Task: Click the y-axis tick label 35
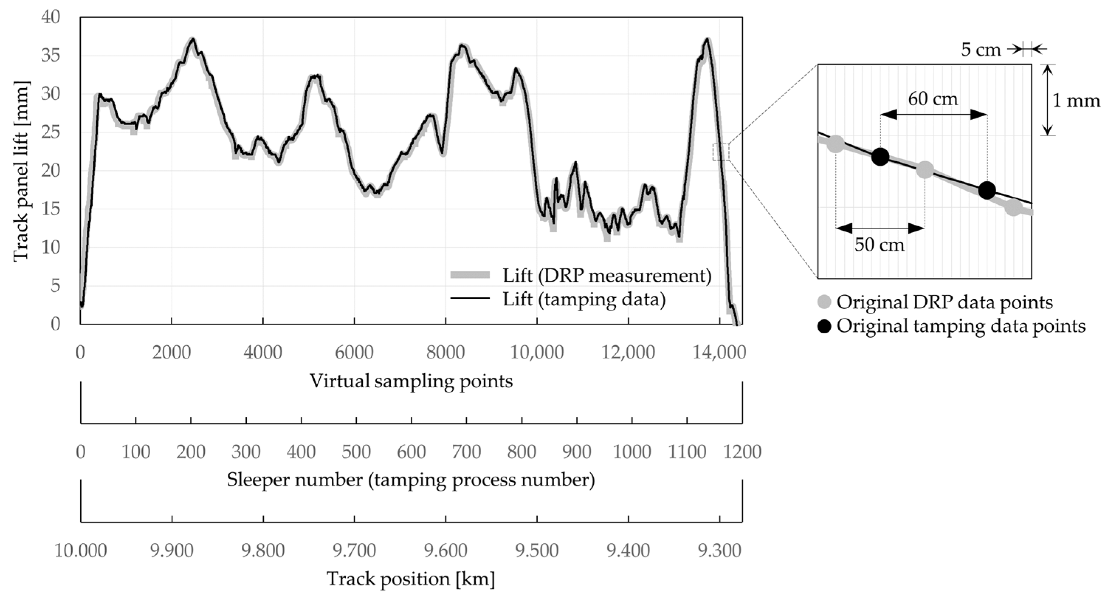51,56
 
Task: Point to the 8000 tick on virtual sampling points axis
445,353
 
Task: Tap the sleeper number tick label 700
466,452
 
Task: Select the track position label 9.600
445,550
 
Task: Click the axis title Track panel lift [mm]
20,171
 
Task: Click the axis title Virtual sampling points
411,381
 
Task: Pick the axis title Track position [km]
411,578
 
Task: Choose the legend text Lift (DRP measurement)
606,275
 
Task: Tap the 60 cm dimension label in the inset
933,99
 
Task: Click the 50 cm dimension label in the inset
879,245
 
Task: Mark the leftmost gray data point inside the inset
836,144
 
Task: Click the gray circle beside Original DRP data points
824,302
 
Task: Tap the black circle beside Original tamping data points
824,327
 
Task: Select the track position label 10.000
80,550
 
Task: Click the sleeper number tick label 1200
742,452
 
